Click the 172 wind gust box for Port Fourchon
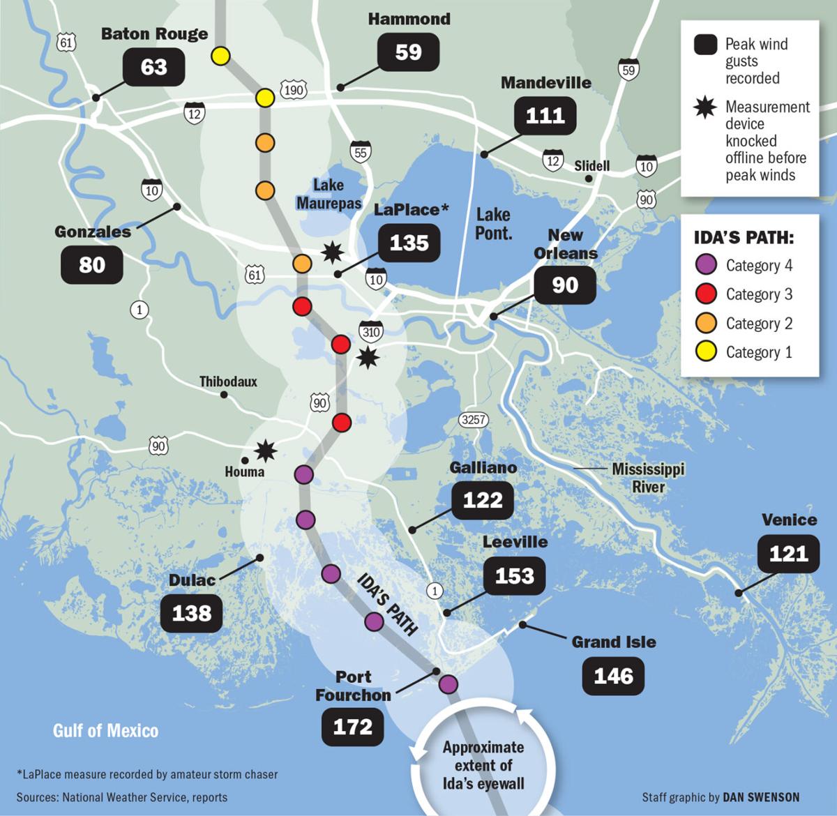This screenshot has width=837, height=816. coord(353,727)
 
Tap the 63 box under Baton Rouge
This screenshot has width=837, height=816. coord(153,66)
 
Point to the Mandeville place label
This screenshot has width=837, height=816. coord(545,82)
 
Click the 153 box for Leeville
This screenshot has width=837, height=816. coord(514,575)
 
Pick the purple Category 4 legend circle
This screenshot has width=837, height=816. coord(707,265)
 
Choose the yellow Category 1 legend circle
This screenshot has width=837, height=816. coord(707,352)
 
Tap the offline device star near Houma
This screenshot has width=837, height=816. coord(265,451)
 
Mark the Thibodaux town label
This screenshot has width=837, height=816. coord(228,381)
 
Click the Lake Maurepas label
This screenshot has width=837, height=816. coord(329,194)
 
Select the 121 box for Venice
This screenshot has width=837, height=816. coord(788,553)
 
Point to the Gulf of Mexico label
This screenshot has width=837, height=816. coord(106,730)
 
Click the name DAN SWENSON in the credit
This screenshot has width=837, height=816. coord(761,796)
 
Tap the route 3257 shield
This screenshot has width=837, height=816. coord(474,419)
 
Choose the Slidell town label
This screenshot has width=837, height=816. coord(591,165)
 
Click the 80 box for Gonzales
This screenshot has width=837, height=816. coord(92,264)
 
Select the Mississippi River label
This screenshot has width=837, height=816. coord(648,477)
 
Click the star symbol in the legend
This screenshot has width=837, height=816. coord(706,107)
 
